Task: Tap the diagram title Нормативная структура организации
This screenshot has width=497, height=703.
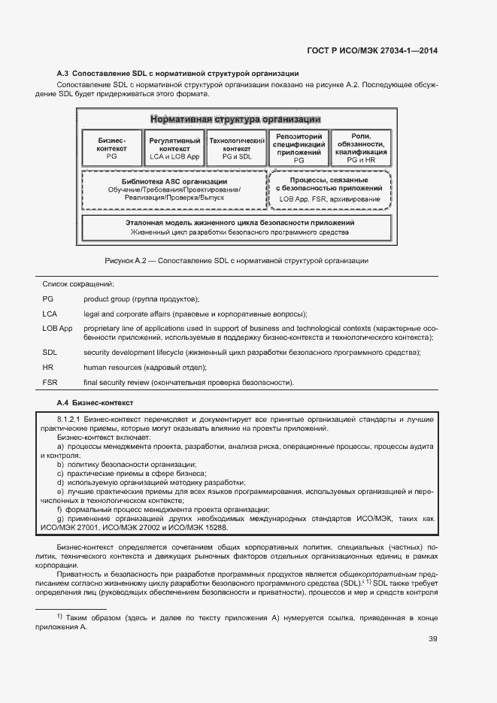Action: pyautogui.click(x=235, y=120)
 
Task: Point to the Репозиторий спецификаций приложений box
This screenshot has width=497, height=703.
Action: pyautogui.click(x=299, y=148)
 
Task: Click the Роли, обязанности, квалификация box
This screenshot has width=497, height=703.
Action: pyautogui.click(x=361, y=148)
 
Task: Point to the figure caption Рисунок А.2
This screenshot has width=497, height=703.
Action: pyautogui.click(x=236, y=260)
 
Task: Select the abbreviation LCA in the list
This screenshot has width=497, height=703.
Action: pyautogui.click(x=50, y=314)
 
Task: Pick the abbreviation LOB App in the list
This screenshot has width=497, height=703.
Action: pyautogui.click(x=57, y=329)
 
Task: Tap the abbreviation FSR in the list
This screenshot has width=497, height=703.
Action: pyautogui.click(x=50, y=383)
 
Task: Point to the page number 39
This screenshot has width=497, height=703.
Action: pyautogui.click(x=433, y=639)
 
